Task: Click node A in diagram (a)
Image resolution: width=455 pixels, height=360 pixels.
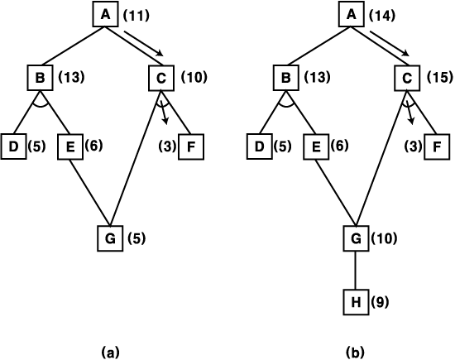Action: (106, 14)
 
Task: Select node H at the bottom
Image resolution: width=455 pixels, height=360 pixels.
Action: (356, 302)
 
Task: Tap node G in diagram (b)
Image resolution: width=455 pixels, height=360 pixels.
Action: (356, 238)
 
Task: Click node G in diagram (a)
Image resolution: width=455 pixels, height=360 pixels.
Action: (110, 238)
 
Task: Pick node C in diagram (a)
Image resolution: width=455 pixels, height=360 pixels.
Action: (161, 78)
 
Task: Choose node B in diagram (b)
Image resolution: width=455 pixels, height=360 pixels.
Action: (286, 78)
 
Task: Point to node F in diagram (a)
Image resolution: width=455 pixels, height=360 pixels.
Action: (191, 146)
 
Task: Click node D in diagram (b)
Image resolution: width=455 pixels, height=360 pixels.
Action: (260, 146)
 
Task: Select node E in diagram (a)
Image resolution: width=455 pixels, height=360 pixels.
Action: (70, 146)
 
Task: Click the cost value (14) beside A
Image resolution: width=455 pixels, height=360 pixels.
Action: (382, 16)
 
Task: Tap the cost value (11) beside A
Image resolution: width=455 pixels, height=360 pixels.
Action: (136, 16)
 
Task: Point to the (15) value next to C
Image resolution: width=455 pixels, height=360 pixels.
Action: (439, 77)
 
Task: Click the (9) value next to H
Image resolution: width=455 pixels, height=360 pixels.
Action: (380, 302)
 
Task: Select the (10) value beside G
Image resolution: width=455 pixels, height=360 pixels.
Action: (384, 238)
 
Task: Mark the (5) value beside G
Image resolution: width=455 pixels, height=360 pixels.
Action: (136, 238)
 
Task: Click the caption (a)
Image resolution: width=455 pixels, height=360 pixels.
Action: (110, 353)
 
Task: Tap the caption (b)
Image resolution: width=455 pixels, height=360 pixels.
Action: (355, 353)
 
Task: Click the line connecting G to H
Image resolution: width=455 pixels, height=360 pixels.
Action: (356, 270)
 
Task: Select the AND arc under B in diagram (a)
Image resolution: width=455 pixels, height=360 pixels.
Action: (40, 105)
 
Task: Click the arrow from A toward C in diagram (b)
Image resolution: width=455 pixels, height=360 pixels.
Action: (390, 43)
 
